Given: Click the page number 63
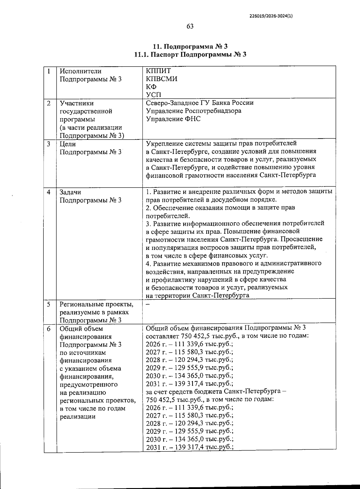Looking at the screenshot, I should (x=190, y=26).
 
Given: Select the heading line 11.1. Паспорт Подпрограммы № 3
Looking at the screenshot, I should (x=190, y=55).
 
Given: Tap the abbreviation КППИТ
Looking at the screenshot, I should (x=158, y=71).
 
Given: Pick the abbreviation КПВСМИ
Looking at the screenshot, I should (x=161, y=79).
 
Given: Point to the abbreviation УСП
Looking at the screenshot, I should (x=154, y=95).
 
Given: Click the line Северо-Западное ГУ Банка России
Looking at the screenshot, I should (x=199, y=103).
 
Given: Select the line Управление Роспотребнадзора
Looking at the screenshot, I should (x=193, y=111).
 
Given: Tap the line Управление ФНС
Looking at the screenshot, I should (x=173, y=119).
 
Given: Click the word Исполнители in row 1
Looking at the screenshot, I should (x=80, y=71).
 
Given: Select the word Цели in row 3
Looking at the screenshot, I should (x=68, y=144).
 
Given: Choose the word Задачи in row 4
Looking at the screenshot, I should (x=70, y=192).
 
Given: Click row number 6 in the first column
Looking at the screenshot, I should (x=49, y=329).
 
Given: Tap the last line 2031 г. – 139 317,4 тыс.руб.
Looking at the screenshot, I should (x=190, y=447).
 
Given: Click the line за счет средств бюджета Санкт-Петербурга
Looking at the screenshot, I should (x=216, y=391).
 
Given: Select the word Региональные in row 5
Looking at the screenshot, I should (x=81, y=304).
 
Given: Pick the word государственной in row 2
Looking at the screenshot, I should (x=86, y=111).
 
